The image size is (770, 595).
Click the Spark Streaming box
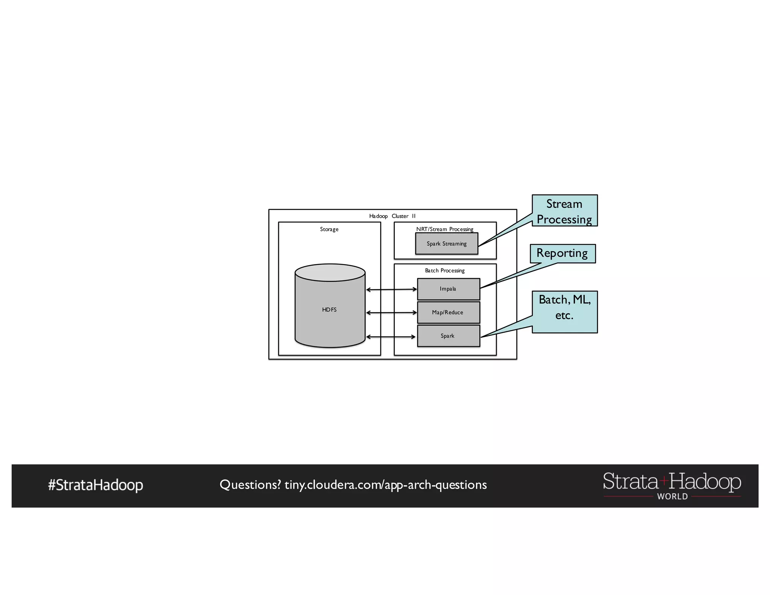click(446, 244)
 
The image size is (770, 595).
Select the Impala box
click(448, 289)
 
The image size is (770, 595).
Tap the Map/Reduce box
click(448, 313)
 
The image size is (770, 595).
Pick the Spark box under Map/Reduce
click(448, 336)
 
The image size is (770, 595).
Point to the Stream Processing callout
click(564, 211)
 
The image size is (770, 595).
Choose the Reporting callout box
click(562, 253)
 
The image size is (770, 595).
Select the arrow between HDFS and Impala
click(391, 289)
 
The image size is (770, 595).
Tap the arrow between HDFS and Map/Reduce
click(391, 313)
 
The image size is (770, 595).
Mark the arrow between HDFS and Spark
click(391, 337)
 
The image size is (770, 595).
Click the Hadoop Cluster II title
click(392, 216)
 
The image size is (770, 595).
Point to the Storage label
click(329, 229)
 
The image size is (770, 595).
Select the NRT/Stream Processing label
click(445, 229)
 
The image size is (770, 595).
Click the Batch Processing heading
click(445, 270)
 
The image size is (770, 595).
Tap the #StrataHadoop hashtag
click(95, 485)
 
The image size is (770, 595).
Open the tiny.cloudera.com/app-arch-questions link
click(385, 485)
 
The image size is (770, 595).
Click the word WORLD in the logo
click(672, 496)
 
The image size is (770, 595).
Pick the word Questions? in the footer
click(250, 485)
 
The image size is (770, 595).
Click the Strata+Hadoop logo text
click(672, 481)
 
